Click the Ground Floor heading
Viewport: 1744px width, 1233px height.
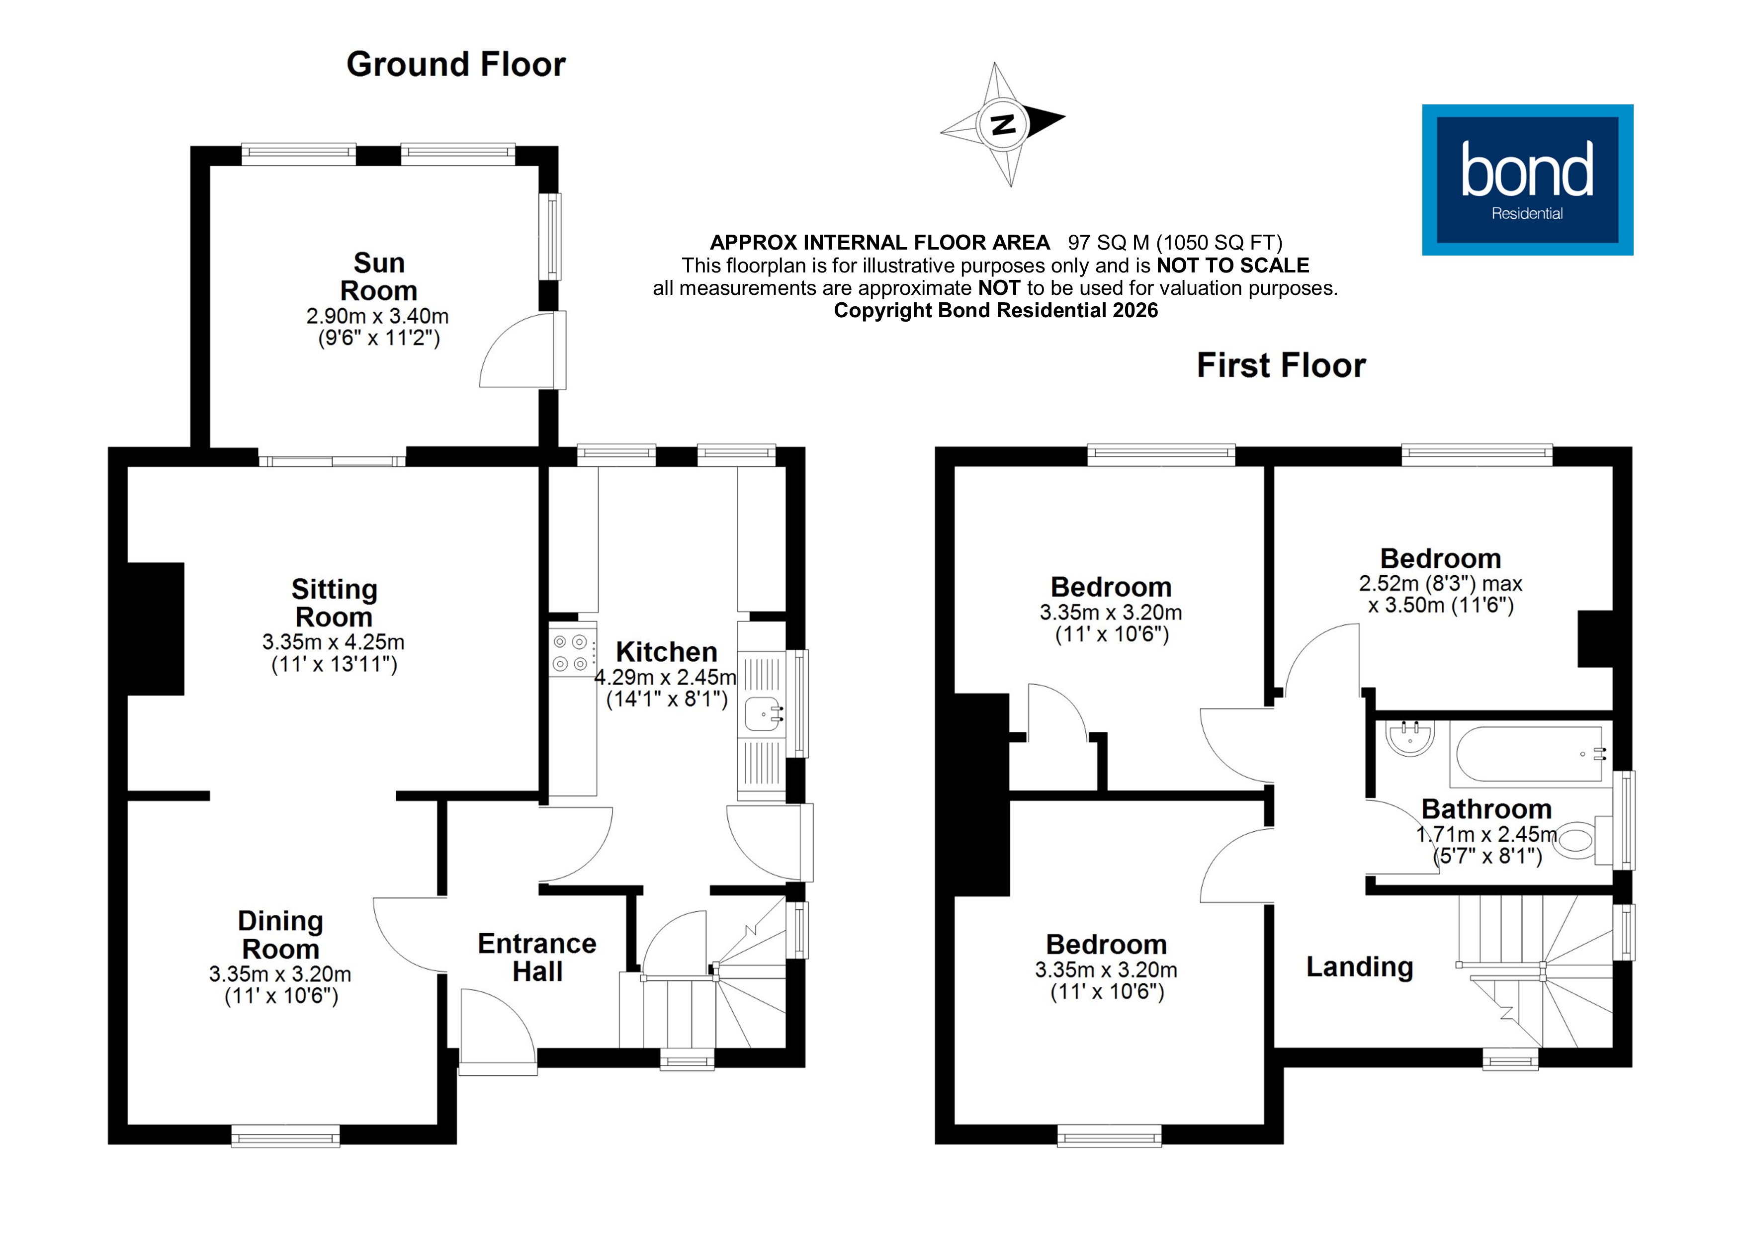456,65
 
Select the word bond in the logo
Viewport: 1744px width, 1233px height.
1526,171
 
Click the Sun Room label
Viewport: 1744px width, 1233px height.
378,276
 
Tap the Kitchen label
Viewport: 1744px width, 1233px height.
666,652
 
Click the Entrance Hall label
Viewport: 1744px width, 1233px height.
537,957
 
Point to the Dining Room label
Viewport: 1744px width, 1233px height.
280,934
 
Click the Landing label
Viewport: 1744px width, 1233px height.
1359,967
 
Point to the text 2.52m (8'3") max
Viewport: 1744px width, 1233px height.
1440,584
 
